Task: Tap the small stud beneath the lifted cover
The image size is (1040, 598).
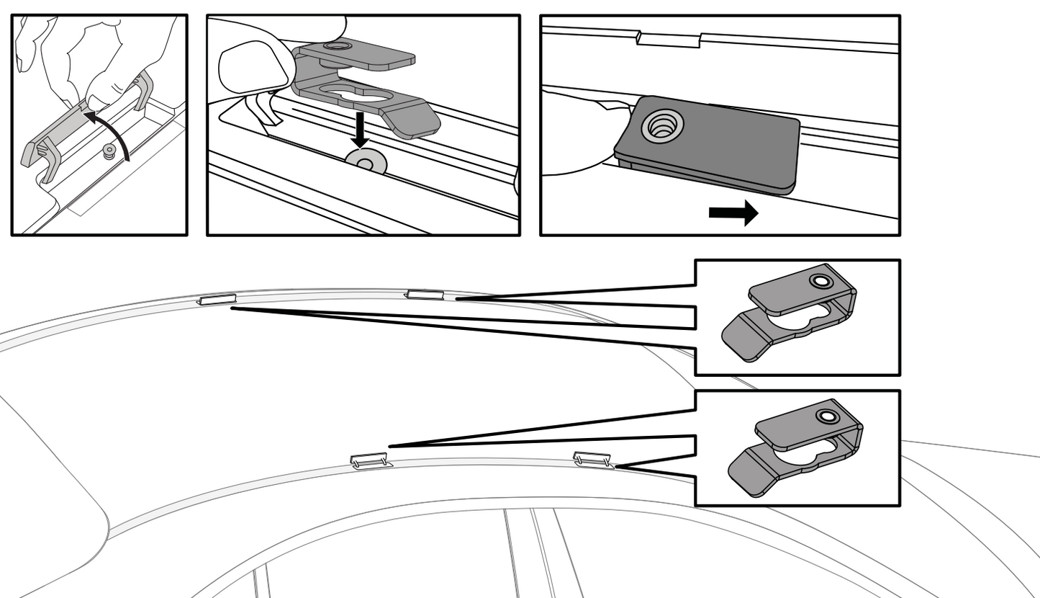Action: point(110,150)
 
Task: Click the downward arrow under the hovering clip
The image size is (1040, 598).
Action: point(360,130)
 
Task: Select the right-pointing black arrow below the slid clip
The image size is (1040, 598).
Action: point(733,213)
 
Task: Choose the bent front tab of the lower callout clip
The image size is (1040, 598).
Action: point(749,472)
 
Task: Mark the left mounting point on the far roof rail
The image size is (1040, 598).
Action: point(217,299)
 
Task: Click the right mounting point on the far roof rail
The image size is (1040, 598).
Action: point(425,293)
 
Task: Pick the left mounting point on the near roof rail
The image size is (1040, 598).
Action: point(368,460)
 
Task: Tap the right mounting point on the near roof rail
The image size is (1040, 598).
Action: point(592,458)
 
